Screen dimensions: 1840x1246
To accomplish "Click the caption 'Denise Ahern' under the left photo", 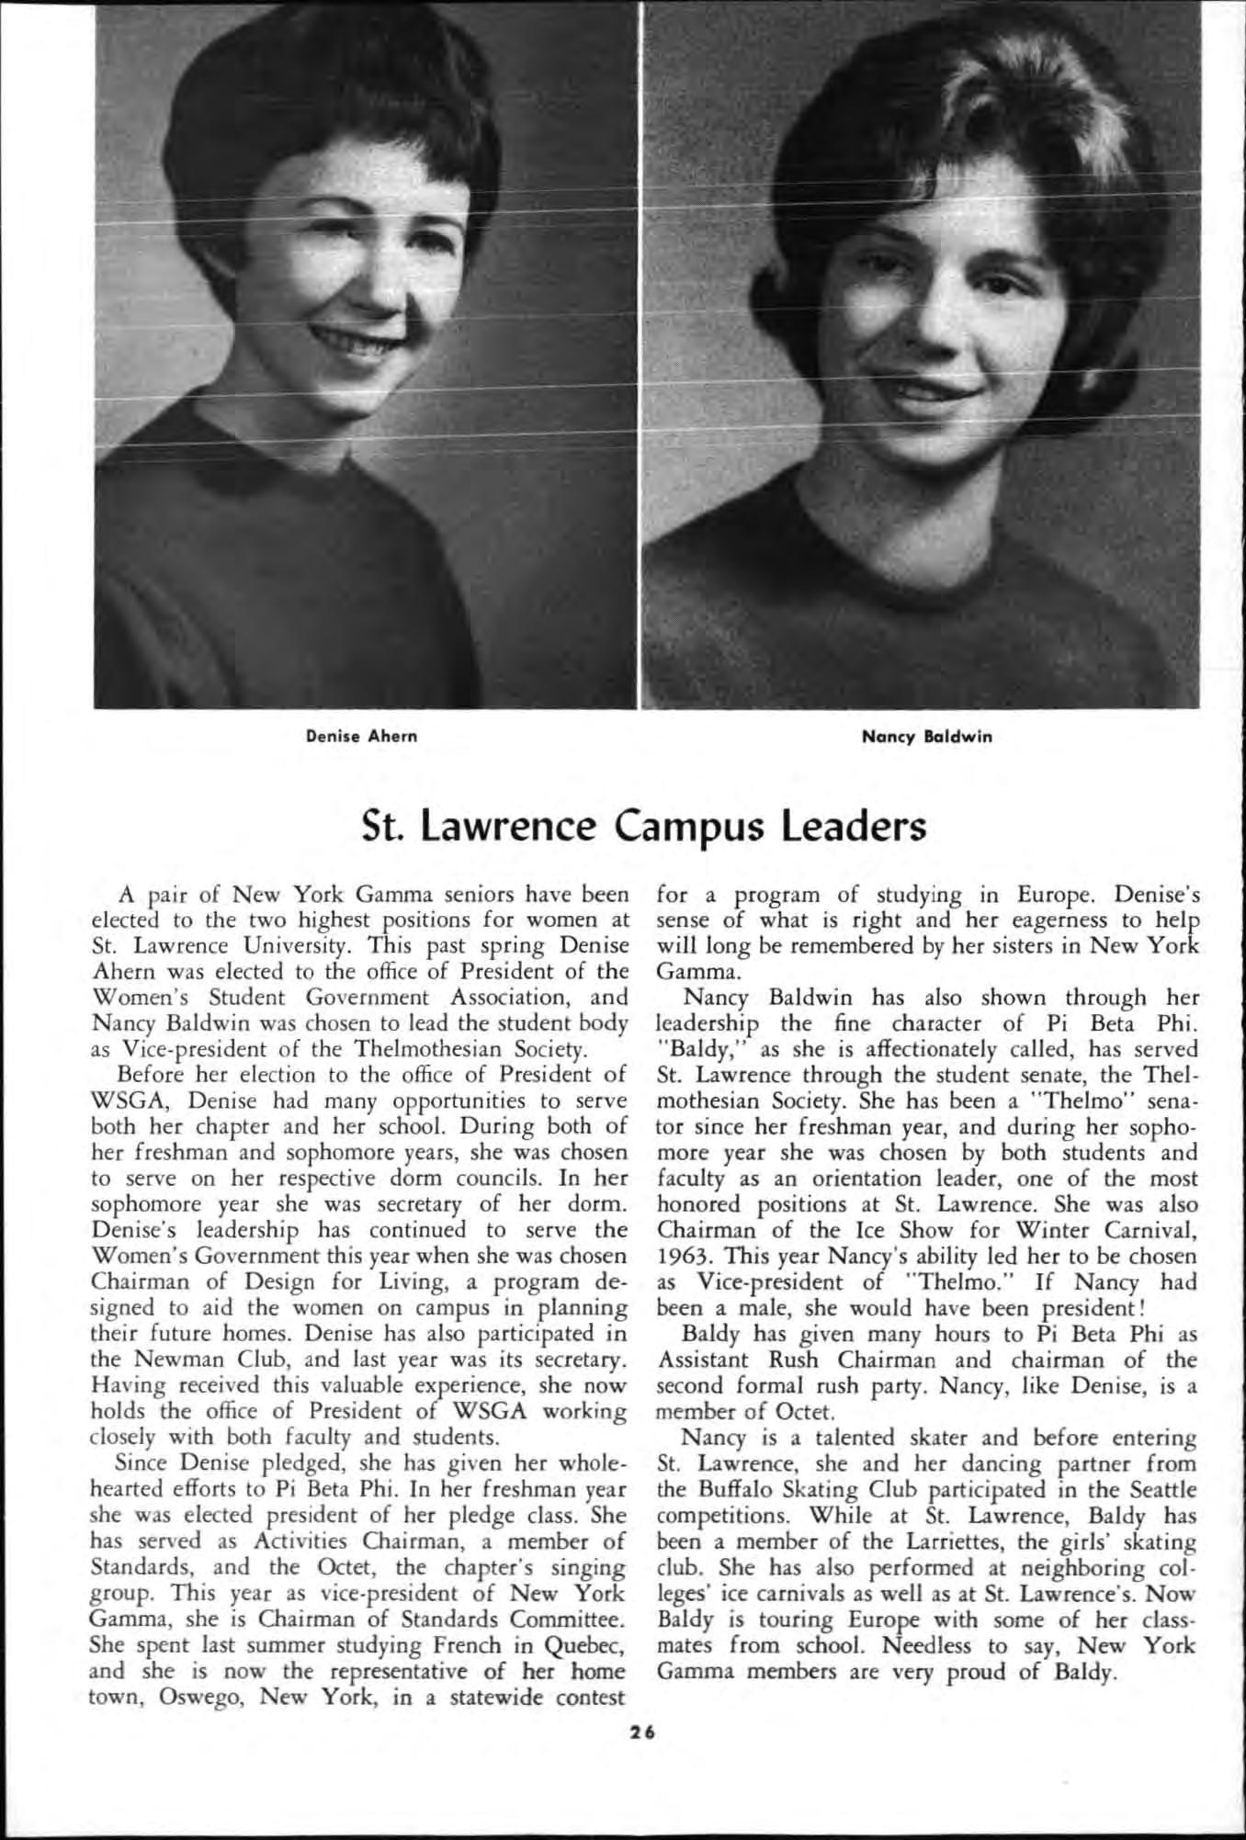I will (x=362, y=736).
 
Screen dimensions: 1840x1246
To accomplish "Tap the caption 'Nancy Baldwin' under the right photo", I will (x=927, y=736).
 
